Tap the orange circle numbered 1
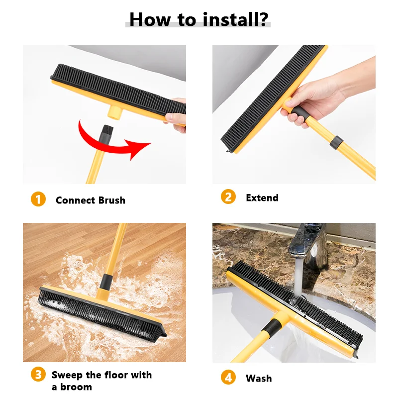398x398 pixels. point(38,199)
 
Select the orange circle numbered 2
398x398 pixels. point(228,197)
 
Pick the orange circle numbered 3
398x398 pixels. point(38,375)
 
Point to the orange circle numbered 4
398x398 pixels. point(228,378)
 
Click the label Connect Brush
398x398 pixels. point(90,200)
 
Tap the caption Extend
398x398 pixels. point(262,198)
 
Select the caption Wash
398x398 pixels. point(259,379)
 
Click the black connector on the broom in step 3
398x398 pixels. point(105,282)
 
